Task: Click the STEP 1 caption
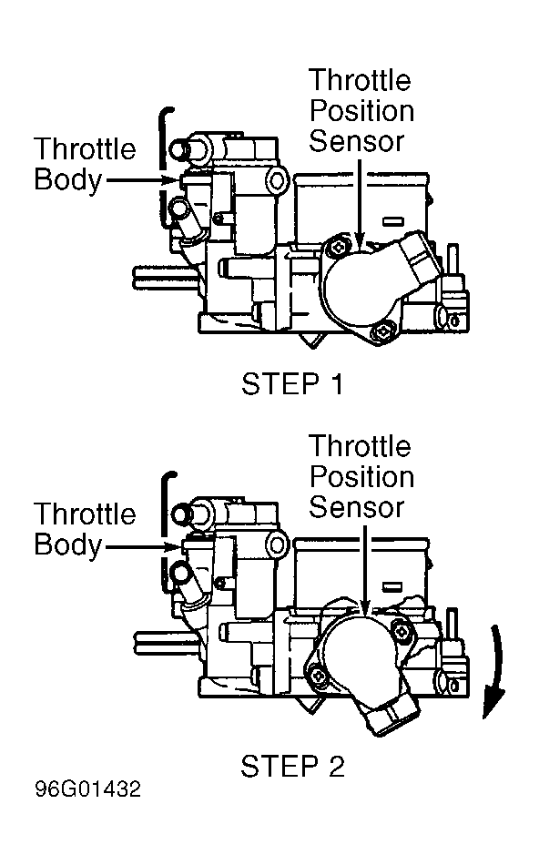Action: coord(292,384)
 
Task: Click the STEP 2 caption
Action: coord(292,767)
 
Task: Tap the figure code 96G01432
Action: coord(88,789)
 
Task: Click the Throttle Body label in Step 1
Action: coord(85,165)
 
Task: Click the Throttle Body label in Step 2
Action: coord(85,530)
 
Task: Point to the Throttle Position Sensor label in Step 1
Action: coord(361,110)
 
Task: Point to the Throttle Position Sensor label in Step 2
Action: coord(361,476)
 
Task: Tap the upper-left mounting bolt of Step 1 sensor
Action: coord(336,249)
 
